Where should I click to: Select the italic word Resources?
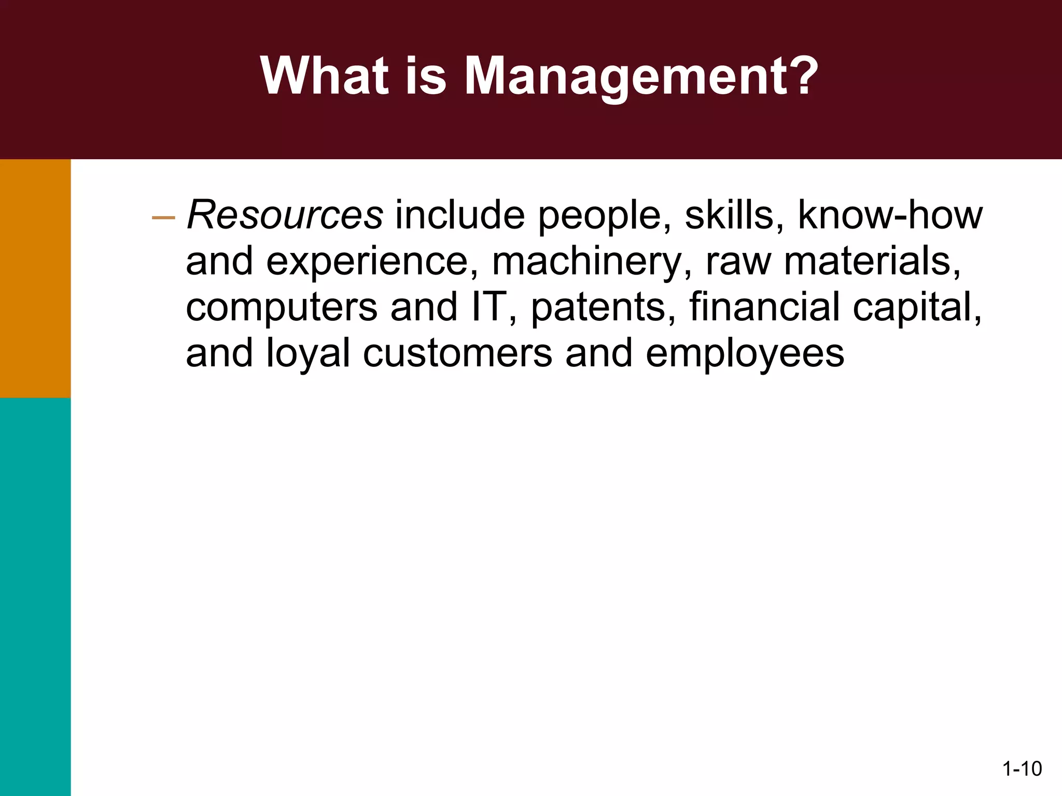pos(285,215)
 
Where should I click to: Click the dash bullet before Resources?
pos(163,218)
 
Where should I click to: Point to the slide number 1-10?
pos(1022,769)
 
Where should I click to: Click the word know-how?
pos(890,215)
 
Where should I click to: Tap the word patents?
pos(603,307)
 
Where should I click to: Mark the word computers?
pos(282,307)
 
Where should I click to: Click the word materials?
pos(872,262)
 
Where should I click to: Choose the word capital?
pos(917,307)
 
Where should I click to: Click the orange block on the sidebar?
pos(35,278)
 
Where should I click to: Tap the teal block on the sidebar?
pos(35,596)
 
